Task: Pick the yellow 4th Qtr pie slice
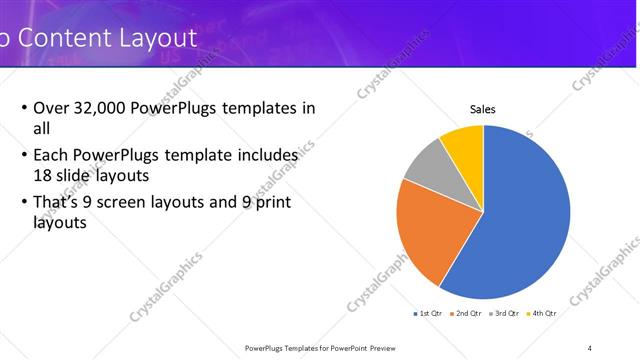tap(464, 145)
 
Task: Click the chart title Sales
tap(483, 110)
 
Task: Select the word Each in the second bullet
tap(52, 156)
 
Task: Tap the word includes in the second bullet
tap(267, 156)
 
